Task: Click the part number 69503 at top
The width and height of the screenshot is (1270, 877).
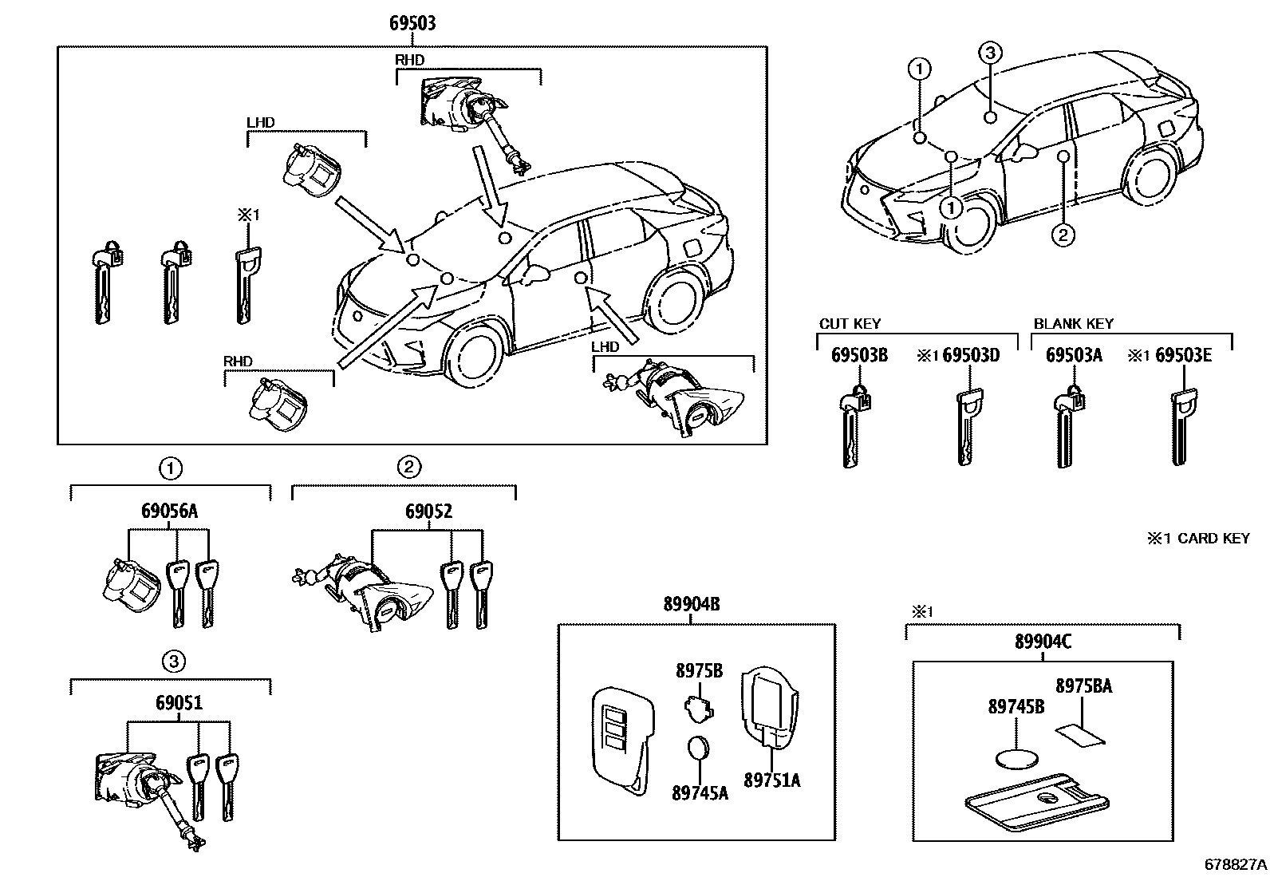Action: tap(412, 23)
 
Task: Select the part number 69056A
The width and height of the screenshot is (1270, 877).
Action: tap(169, 512)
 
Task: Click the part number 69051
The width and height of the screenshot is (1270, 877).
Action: tap(179, 703)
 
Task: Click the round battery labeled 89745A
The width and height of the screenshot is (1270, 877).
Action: tap(699, 748)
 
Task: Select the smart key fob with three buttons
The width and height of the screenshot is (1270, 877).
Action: tap(623, 739)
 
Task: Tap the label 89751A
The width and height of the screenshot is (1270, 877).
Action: tap(771, 780)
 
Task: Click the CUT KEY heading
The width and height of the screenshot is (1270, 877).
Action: tap(850, 323)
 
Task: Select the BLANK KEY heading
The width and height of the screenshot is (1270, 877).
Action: tap(1073, 323)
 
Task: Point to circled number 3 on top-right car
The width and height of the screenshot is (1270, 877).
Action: tap(988, 53)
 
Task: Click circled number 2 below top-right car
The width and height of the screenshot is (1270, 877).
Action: tap(1063, 235)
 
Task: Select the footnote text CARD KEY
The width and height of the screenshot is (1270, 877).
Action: tap(1213, 539)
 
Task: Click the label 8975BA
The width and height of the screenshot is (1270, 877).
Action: tap(1083, 685)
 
